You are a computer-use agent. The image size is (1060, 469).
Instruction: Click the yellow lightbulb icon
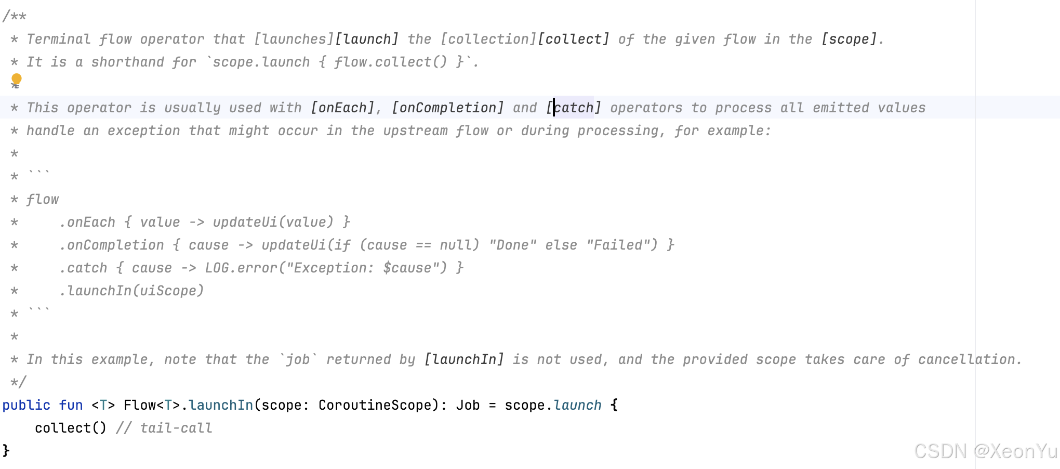(17, 79)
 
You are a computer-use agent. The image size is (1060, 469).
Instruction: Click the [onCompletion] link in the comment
(448, 108)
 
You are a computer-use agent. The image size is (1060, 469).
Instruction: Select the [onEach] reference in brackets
(342, 108)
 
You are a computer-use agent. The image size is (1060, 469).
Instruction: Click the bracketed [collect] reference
(574, 39)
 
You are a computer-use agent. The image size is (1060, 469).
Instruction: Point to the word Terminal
(59, 39)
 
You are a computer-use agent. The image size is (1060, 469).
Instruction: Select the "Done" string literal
(512, 245)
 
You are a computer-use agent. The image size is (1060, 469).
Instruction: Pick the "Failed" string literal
(621, 245)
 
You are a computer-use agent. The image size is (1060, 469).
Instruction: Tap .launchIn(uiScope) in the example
(131, 291)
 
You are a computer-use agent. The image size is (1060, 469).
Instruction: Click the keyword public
(27, 405)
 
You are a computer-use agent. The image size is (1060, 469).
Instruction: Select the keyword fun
(71, 405)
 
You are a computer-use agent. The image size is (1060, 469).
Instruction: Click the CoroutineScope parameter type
(375, 405)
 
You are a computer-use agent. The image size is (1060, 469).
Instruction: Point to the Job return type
(468, 405)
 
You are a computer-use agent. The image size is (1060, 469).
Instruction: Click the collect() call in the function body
(70, 428)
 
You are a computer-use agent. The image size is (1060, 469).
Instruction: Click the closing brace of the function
(6, 450)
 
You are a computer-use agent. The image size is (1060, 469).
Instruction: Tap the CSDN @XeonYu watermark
(985, 451)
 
